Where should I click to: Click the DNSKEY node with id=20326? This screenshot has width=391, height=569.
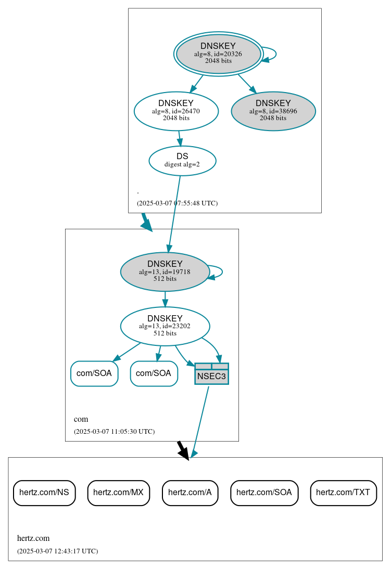pyautogui.click(x=219, y=54)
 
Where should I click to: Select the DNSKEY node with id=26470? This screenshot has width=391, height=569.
pyautogui.click(x=176, y=111)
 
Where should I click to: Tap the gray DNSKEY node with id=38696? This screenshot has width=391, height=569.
pyautogui.click(x=273, y=111)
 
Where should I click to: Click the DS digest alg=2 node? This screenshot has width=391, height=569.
pyautogui.click(x=182, y=160)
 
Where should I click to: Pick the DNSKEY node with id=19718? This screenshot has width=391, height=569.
pyautogui.click(x=165, y=271)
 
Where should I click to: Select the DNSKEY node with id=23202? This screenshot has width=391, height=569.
pyautogui.click(x=165, y=326)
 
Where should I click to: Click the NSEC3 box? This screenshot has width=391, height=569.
pyautogui.click(x=211, y=374)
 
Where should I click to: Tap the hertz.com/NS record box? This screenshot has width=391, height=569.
pyautogui.click(x=44, y=493)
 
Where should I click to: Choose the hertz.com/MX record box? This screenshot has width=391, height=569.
pyautogui.click(x=119, y=493)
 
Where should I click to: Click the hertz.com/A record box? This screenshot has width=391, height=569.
pyautogui.click(x=190, y=493)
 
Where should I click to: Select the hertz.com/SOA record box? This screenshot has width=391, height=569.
pyautogui.click(x=264, y=493)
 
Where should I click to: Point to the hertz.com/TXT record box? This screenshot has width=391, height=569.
pyautogui.click(x=343, y=493)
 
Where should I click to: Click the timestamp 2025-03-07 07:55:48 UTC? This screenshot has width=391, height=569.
pyautogui.click(x=177, y=203)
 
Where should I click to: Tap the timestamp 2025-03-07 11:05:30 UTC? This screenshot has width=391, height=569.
pyautogui.click(x=114, y=432)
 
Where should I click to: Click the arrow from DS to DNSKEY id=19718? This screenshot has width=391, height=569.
pyautogui.click(x=174, y=213)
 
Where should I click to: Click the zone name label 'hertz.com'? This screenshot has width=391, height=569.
pyautogui.click(x=33, y=538)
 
